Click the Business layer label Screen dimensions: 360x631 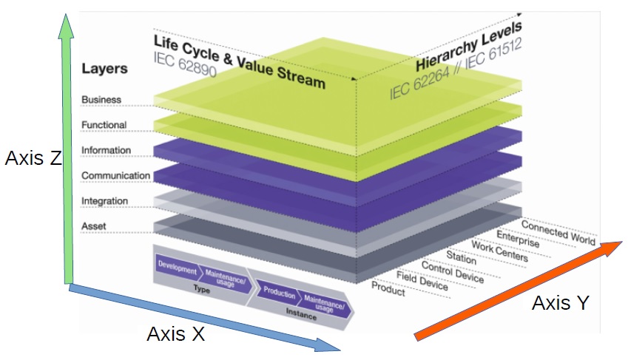[101, 100]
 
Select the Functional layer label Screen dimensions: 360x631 [104, 125]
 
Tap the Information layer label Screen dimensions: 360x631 [106, 151]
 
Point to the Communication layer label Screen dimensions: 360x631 [115, 176]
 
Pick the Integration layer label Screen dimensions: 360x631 [104, 201]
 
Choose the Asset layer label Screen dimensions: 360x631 [94, 225]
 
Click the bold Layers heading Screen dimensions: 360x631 [104, 69]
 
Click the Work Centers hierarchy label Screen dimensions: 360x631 [499, 252]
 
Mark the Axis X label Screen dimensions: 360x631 [175, 333]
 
